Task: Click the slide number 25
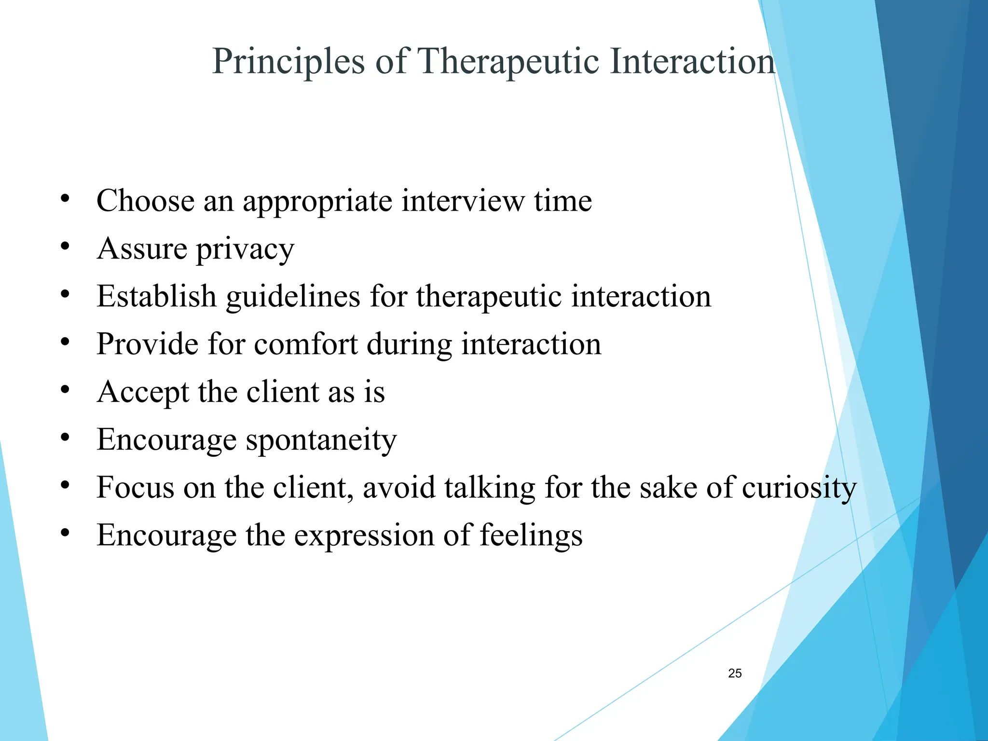[x=735, y=673]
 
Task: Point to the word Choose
[x=145, y=201]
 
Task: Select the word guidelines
[x=293, y=297]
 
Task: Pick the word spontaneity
[x=321, y=440]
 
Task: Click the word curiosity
[x=799, y=488]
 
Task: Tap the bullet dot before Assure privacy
[x=65, y=247]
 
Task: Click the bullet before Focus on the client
[x=65, y=485]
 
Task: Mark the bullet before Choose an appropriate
[x=65, y=198]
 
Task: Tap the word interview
[x=463, y=201]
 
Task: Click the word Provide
[x=147, y=344]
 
